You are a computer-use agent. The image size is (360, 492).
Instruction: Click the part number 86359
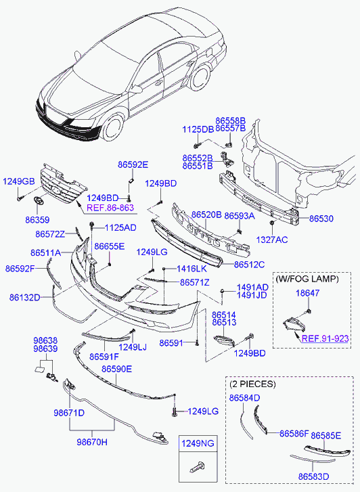pyautogui.click(x=37, y=220)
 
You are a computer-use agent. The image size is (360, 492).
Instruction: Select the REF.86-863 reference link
pyautogui.click(x=110, y=208)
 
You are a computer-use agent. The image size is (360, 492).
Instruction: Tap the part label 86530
pyautogui.click(x=321, y=219)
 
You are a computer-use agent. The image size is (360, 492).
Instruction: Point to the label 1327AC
pyautogui.click(x=272, y=240)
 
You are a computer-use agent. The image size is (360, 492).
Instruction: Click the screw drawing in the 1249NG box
pyautogui.click(x=197, y=467)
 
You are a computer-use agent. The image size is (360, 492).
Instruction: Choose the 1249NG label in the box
pyautogui.click(x=198, y=443)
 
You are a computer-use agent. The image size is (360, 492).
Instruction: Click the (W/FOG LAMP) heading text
pyautogui.click(x=307, y=279)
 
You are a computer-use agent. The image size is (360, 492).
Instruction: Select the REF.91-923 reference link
pyautogui.click(x=325, y=338)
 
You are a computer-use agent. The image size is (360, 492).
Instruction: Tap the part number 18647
pyautogui.click(x=308, y=293)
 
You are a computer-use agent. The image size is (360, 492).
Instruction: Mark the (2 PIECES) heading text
pyautogui.click(x=252, y=384)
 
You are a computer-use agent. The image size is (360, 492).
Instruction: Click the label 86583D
pyautogui.click(x=313, y=476)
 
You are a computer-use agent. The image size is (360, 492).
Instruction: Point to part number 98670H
pyautogui.click(x=92, y=442)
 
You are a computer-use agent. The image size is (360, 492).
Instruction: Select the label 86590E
pyautogui.click(x=117, y=369)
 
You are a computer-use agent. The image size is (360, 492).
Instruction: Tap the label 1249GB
pyautogui.click(x=19, y=181)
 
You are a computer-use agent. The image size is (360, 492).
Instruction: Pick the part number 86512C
pyautogui.click(x=249, y=265)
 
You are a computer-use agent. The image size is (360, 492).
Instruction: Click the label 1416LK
pyautogui.click(x=192, y=269)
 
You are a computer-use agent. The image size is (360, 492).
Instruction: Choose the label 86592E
pyautogui.click(x=133, y=164)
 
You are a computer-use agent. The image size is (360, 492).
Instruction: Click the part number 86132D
pyautogui.click(x=25, y=298)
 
